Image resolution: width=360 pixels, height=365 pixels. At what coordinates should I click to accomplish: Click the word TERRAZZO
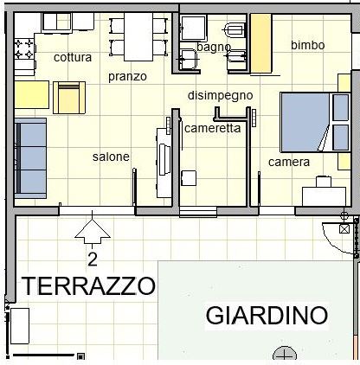[88, 285]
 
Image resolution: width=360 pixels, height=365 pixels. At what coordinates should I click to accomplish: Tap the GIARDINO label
[267, 315]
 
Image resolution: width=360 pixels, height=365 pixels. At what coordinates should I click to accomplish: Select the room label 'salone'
[111, 157]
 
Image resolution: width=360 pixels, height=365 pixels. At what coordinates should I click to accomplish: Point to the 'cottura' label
[73, 57]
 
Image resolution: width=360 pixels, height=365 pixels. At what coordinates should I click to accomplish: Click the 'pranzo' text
[127, 77]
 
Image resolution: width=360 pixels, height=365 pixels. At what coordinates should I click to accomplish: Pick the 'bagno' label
[214, 48]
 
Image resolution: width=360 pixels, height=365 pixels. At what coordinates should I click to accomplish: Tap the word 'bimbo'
[308, 45]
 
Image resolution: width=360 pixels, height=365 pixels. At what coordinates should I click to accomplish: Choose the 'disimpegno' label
[221, 95]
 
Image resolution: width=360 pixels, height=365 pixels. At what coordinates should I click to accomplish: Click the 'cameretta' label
[212, 128]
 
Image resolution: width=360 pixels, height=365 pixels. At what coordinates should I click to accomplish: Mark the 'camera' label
[289, 162]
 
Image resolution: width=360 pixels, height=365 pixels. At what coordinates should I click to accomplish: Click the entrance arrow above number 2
[93, 232]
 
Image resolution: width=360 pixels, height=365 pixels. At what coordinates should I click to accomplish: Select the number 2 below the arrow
[93, 260]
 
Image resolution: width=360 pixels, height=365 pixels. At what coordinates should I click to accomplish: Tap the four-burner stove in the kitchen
[24, 48]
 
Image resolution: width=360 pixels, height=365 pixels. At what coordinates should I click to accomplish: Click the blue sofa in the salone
[30, 158]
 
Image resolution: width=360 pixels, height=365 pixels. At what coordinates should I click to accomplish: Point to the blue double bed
[315, 123]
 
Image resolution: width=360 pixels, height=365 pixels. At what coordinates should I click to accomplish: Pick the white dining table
[138, 37]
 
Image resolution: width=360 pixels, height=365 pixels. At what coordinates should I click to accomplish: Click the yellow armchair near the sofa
[69, 98]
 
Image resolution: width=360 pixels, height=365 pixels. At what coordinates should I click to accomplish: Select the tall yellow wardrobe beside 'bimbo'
[261, 43]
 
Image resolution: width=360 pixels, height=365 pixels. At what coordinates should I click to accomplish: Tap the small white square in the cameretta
[189, 178]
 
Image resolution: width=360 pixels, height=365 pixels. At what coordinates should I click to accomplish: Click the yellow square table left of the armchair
[32, 95]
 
